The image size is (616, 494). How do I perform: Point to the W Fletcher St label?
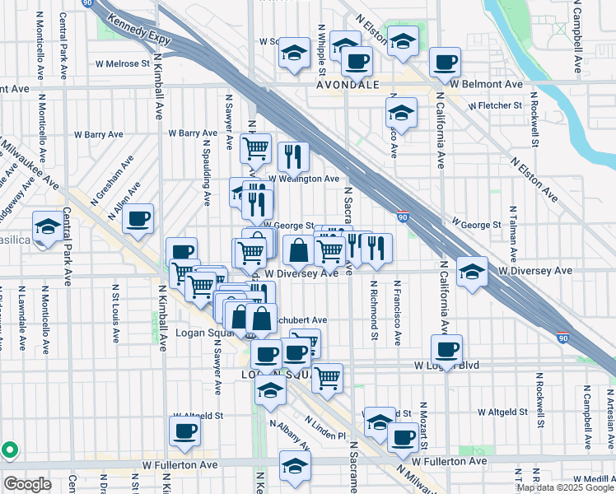click(495, 105)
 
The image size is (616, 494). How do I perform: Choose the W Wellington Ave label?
click(303, 178)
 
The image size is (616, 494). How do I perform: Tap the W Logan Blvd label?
click(447, 365)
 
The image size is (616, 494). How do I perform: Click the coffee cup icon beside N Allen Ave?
click(138, 220)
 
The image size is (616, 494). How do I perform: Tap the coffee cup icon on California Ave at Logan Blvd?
click(446, 350)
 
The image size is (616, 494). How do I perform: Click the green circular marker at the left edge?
click(9, 450)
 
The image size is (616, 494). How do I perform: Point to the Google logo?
click(27, 484)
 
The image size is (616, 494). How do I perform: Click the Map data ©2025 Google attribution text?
click(566, 487)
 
